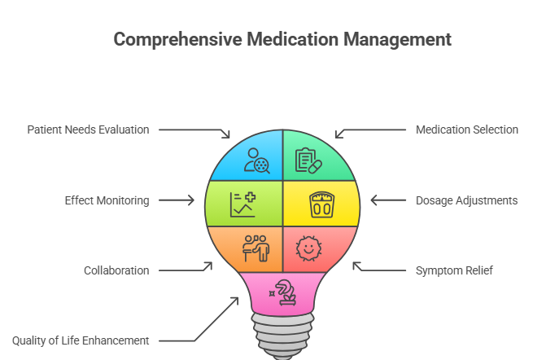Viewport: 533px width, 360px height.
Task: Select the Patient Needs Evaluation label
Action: (88, 130)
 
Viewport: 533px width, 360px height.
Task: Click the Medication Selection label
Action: (466, 130)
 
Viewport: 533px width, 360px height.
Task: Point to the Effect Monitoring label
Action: (107, 200)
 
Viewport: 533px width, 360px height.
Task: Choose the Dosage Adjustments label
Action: (466, 200)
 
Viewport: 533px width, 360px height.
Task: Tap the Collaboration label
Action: (116, 270)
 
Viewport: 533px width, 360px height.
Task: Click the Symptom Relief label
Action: (455, 270)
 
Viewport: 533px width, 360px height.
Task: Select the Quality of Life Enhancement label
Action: (81, 340)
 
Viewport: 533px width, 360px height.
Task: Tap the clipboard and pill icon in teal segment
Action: (308, 160)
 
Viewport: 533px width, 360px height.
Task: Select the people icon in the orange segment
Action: (256, 248)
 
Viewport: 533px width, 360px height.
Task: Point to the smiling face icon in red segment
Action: (308, 248)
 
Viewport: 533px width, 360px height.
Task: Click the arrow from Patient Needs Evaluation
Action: (195, 130)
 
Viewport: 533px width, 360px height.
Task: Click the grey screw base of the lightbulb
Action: (282, 338)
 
